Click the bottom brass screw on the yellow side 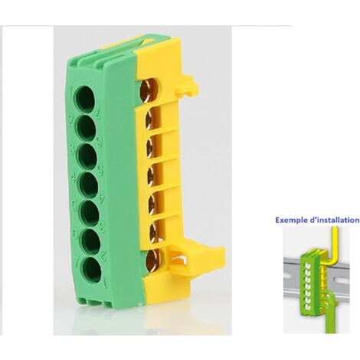click(x=152, y=258)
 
